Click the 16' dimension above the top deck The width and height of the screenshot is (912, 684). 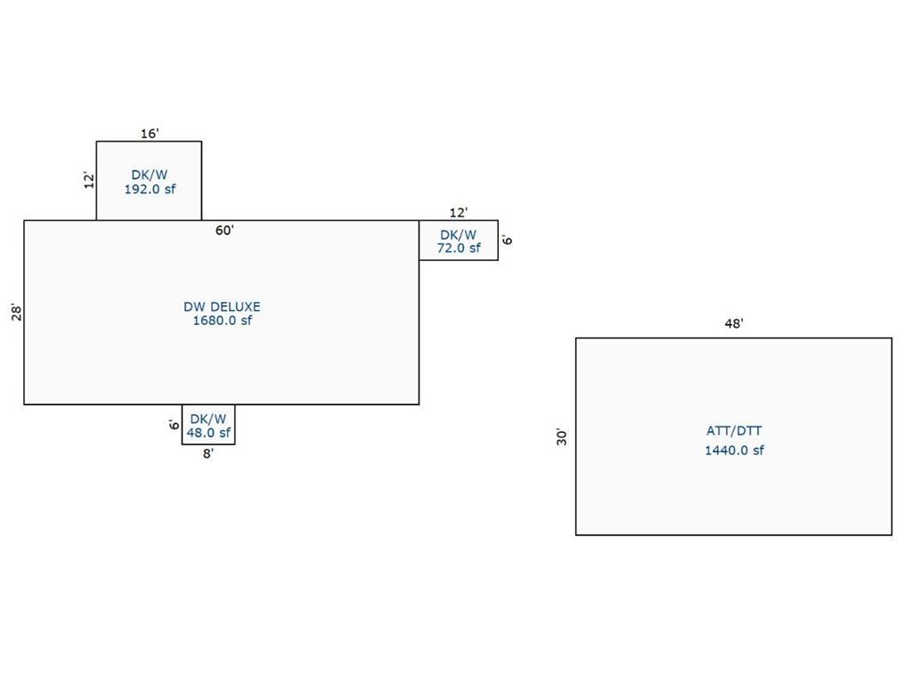pyautogui.click(x=150, y=134)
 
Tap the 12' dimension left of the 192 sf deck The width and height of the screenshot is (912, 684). pyautogui.click(x=89, y=180)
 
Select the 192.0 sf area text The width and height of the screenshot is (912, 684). pyautogui.click(x=150, y=189)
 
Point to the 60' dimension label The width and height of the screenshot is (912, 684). pyautogui.click(x=224, y=231)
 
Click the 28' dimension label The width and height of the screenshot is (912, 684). pyautogui.click(x=17, y=313)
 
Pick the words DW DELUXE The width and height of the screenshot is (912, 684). pyautogui.click(x=222, y=306)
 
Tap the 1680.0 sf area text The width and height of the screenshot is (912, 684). pyautogui.click(x=222, y=321)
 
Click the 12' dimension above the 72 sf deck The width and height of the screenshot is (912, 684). pyautogui.click(x=459, y=212)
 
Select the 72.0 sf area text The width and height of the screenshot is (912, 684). pyautogui.click(x=459, y=248)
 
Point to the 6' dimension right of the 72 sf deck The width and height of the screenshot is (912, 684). pyautogui.click(x=507, y=240)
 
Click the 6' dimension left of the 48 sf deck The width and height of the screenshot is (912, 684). pyautogui.click(x=174, y=424)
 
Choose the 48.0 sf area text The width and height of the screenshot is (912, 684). pyautogui.click(x=208, y=433)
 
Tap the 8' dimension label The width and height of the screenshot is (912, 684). pyautogui.click(x=208, y=453)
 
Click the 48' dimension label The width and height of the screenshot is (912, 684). pyautogui.click(x=734, y=323)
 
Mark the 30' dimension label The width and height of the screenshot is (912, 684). pyautogui.click(x=561, y=436)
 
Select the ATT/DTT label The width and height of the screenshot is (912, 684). pyautogui.click(x=734, y=431)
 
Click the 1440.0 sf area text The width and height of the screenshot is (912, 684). pyautogui.click(x=734, y=450)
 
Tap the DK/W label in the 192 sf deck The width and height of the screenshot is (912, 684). pyautogui.click(x=150, y=175)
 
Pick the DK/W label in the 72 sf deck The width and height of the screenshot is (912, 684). pyautogui.click(x=459, y=235)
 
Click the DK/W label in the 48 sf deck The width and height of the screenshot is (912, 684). pyautogui.click(x=208, y=419)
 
